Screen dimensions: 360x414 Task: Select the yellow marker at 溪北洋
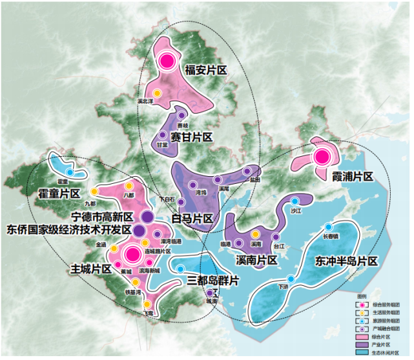(x=157, y=93)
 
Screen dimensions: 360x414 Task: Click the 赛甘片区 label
(x=192, y=137)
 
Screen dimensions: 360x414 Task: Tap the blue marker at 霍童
(x=70, y=173)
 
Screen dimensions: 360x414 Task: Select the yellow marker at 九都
(x=94, y=192)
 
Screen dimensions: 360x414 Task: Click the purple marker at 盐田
(x=247, y=172)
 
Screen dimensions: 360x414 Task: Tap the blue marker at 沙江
(x=295, y=201)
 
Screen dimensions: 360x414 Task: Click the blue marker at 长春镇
(x=329, y=226)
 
